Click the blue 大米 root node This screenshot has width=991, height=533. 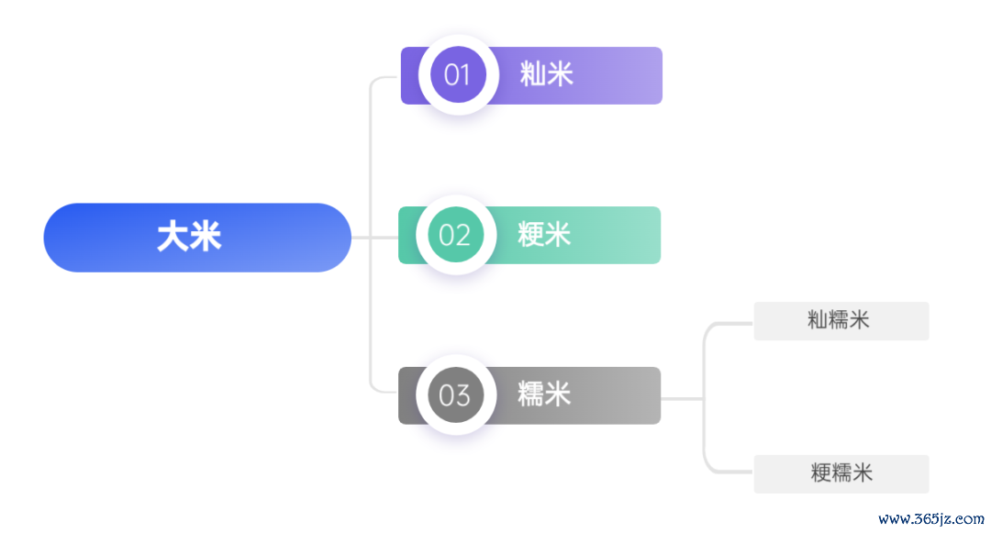(197, 238)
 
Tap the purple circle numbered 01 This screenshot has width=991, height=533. (458, 74)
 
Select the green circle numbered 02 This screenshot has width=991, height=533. (456, 235)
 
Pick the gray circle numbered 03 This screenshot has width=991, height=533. (456, 395)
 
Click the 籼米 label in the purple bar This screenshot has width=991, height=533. (547, 74)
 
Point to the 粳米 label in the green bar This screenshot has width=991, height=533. (544, 235)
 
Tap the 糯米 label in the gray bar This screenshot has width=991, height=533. (544, 394)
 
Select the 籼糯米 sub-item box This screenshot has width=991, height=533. (841, 321)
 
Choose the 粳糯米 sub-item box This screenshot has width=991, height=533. (841, 473)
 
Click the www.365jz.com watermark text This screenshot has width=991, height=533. (931, 519)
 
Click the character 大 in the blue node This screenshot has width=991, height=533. (173, 238)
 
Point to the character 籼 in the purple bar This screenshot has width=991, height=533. (533, 74)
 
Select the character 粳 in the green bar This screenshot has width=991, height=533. (530, 235)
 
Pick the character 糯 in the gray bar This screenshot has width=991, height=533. (530, 394)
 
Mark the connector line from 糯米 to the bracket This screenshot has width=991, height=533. (682, 399)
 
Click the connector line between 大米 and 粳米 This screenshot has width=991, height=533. (374, 238)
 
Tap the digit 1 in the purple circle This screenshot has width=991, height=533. (466, 75)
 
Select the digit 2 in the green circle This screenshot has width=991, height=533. (463, 236)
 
